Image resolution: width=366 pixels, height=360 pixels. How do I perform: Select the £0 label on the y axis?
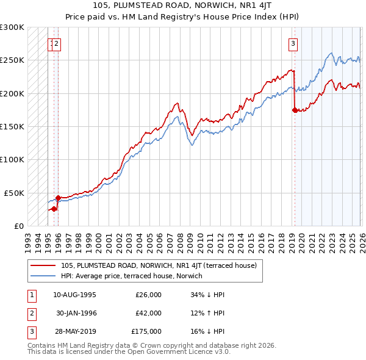pyautogui.click(x=18, y=226)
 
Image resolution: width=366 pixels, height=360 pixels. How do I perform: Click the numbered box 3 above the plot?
pyautogui.click(x=293, y=43)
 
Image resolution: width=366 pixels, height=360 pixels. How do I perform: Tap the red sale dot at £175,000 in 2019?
pyautogui.click(x=295, y=110)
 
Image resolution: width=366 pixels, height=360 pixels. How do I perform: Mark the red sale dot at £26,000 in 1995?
pyautogui.click(x=54, y=209)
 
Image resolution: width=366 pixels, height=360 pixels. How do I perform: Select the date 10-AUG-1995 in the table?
pyautogui.click(x=74, y=295)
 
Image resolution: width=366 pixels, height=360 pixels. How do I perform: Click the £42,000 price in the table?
pyautogui.click(x=148, y=313)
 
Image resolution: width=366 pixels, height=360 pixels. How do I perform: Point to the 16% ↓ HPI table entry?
pyautogui.click(x=207, y=331)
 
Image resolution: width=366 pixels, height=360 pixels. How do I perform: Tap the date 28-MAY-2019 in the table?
pyautogui.click(x=74, y=331)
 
